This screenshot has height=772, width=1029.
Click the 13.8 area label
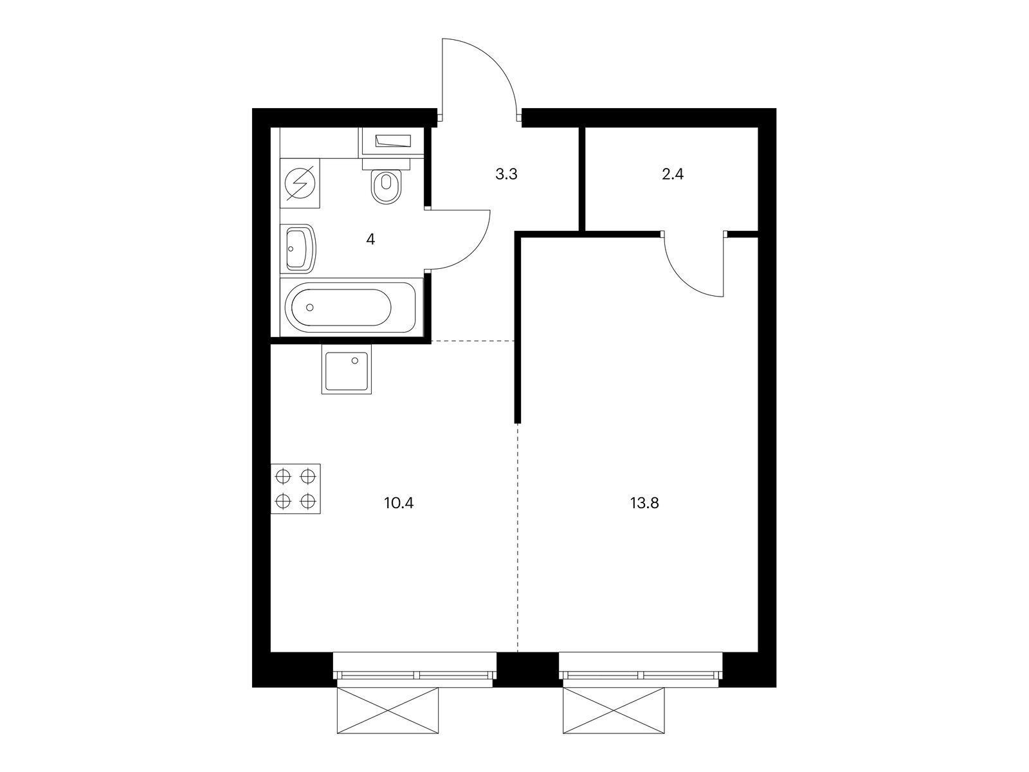click(x=644, y=504)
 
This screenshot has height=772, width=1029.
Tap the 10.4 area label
click(x=399, y=504)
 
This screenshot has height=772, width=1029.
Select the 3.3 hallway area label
click(x=506, y=174)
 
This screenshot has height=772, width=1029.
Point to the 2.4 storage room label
click(x=673, y=174)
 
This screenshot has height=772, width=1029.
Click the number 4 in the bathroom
click(x=370, y=239)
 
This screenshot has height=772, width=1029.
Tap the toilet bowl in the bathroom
click(x=387, y=186)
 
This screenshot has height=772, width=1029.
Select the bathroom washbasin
click(x=298, y=248)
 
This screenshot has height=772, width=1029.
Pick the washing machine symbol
click(x=300, y=183)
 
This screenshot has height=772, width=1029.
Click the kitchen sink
click(x=347, y=369)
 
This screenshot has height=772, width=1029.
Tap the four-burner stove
click(x=295, y=489)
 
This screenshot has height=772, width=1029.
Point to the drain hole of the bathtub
click(x=309, y=308)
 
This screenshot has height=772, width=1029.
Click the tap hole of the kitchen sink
click(x=355, y=360)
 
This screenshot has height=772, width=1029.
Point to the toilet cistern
click(x=387, y=164)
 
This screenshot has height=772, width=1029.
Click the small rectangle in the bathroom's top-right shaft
click(x=394, y=141)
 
